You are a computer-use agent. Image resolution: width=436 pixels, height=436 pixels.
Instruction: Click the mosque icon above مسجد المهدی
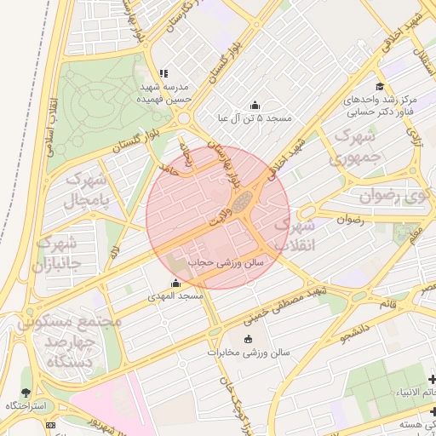175,284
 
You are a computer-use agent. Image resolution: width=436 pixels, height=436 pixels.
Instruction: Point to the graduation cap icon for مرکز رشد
379,87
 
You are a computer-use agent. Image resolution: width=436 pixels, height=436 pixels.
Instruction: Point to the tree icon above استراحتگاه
25,393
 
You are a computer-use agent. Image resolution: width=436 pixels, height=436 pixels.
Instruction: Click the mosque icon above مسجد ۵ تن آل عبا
255,104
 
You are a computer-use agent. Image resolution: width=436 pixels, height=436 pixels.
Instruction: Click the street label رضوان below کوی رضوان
351,219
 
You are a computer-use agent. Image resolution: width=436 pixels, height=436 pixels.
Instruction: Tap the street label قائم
387,303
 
